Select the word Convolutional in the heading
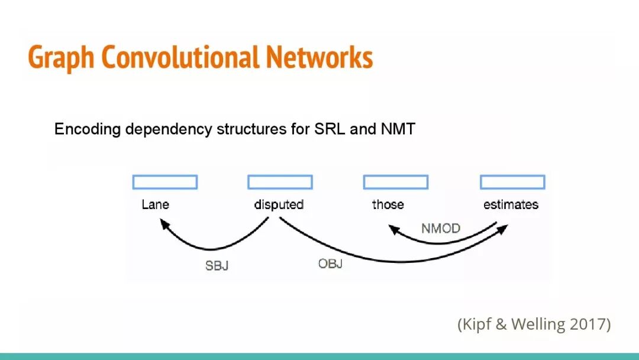[x=180, y=57]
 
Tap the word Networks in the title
[x=319, y=57]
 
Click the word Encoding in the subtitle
[x=87, y=129]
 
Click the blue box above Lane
[x=165, y=182]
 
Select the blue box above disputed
[x=280, y=182]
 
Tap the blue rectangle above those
[x=396, y=182]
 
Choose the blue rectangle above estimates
[x=512, y=182]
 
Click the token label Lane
[x=155, y=205]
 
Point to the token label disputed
[x=279, y=205]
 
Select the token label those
[x=388, y=205]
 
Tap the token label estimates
[x=511, y=205]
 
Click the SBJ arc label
[x=217, y=266]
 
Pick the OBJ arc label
[x=330, y=263]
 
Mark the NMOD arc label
[x=441, y=229]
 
